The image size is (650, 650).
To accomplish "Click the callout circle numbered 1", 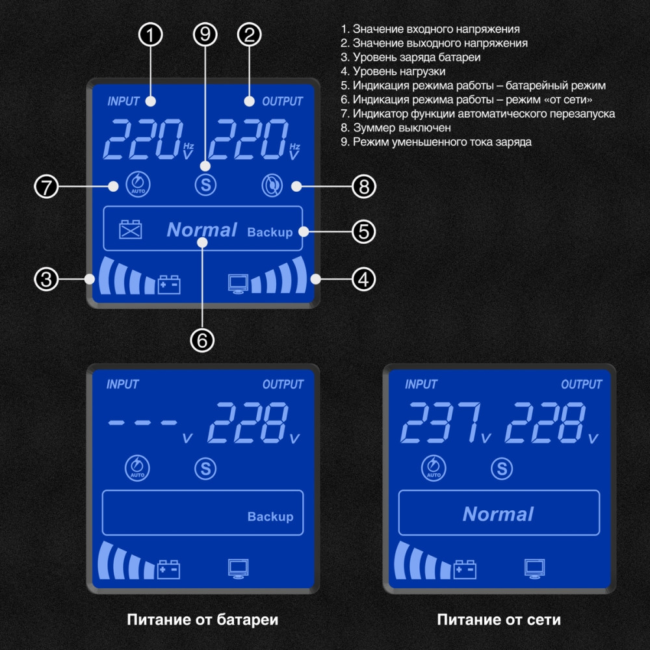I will pyautogui.click(x=151, y=36).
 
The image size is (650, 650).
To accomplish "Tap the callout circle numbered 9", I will pyautogui.click(x=205, y=36).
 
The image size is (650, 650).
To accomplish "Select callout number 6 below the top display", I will pyautogui.click(x=202, y=339).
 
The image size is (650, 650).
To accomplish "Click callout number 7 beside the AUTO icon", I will pyautogui.click(x=46, y=187).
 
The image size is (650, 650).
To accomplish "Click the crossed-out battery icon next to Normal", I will pyautogui.click(x=130, y=229).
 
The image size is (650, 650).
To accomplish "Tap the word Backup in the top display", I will pyautogui.click(x=270, y=232).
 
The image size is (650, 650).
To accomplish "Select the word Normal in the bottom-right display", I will pyautogui.click(x=498, y=514).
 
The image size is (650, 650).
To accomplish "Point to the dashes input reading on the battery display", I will pyautogui.click(x=143, y=422).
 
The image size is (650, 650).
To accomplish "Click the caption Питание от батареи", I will pyautogui.click(x=202, y=619).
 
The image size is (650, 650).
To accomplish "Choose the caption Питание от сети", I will pyautogui.click(x=499, y=619).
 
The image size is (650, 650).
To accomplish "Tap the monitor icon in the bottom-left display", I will pyautogui.click(x=237, y=568).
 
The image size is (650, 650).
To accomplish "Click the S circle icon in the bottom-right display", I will pyautogui.click(x=501, y=468).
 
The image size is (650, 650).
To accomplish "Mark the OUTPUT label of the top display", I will pyautogui.click(x=282, y=101).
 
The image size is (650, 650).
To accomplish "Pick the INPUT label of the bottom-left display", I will pyautogui.click(x=123, y=385).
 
